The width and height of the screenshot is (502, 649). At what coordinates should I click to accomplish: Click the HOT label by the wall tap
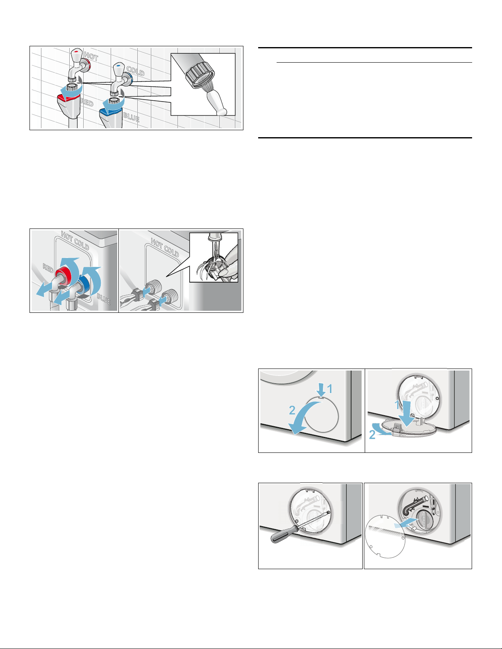click(91, 56)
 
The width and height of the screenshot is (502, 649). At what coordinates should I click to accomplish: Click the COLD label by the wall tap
click(136, 71)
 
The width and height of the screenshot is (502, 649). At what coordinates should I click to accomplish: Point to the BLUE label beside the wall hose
click(132, 117)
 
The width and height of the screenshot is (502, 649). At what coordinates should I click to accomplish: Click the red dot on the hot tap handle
click(77, 52)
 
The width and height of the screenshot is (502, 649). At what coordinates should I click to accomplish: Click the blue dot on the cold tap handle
click(119, 65)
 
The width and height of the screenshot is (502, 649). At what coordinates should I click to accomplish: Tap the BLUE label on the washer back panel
click(104, 298)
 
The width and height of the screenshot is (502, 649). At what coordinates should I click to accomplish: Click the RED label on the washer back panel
click(48, 268)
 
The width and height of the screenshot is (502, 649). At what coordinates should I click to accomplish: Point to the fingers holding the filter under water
click(231, 263)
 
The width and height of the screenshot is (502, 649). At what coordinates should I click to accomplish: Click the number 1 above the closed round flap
click(329, 389)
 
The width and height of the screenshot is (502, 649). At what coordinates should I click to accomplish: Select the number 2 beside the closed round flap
click(292, 410)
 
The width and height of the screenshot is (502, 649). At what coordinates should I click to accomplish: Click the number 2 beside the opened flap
click(372, 434)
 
